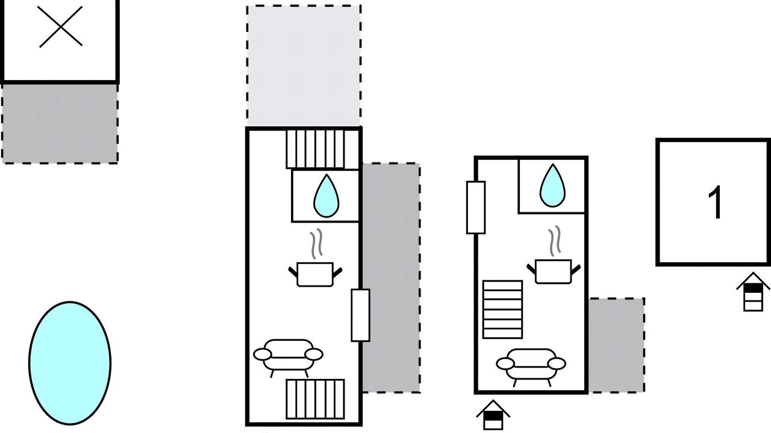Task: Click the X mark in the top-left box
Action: point(60,26)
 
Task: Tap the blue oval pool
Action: point(70,363)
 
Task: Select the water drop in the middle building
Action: point(326,196)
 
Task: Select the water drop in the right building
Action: point(552,186)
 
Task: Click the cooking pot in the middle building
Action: point(315,274)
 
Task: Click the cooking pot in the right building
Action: point(553,271)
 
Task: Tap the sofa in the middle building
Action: point(288,355)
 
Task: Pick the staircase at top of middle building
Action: point(314,149)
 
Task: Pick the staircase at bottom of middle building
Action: point(315,398)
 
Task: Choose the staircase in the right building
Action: point(502,309)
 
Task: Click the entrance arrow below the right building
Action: point(493,416)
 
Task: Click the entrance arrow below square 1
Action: point(753,292)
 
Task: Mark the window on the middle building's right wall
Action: point(360,315)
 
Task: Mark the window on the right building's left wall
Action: point(476,207)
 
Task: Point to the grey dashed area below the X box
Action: point(60,123)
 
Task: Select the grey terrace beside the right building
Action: point(616,345)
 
